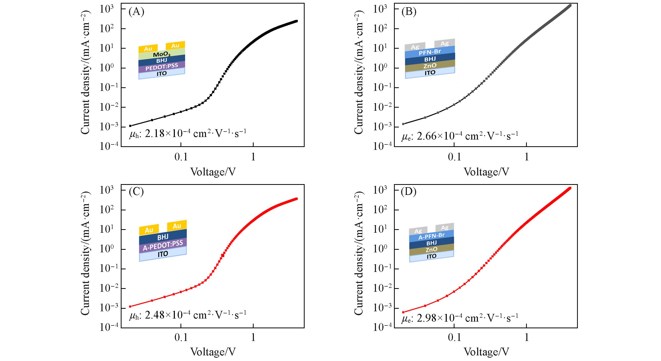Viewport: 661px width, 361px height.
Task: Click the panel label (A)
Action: click(x=136, y=12)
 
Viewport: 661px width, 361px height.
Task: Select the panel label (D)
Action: click(x=409, y=193)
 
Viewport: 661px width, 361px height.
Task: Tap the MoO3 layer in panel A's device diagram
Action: click(x=162, y=55)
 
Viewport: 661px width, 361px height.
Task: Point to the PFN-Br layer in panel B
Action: click(x=430, y=52)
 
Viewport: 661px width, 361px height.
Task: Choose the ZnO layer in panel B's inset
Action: click(x=430, y=66)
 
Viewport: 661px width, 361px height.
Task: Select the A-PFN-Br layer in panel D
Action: click(x=431, y=236)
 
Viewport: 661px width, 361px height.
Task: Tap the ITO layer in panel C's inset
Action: click(x=163, y=254)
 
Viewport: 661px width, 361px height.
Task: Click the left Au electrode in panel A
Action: click(x=148, y=49)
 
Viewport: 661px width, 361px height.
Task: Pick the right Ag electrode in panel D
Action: click(x=445, y=227)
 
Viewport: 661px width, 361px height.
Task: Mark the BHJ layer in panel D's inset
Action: click(x=431, y=243)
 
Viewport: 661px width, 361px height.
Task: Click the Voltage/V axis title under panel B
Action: click(x=486, y=172)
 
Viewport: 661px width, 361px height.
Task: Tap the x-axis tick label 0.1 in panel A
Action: click(x=181, y=157)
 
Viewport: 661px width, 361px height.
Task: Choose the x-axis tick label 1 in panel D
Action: click(x=527, y=338)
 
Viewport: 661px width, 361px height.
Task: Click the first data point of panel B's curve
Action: click(x=404, y=124)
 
